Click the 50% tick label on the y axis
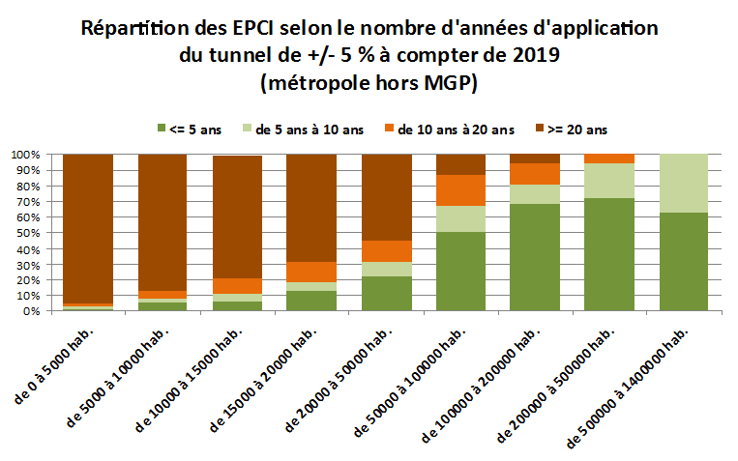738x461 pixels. [x=27, y=233]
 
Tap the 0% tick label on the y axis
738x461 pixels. [x=30, y=311]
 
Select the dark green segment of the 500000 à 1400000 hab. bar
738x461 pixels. [x=683, y=262]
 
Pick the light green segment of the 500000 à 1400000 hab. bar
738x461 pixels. [x=683, y=184]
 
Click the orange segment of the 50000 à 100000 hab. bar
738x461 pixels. [x=459, y=190]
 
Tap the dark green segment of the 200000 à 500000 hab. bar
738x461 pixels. [x=608, y=255]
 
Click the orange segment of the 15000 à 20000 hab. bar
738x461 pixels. [x=310, y=272]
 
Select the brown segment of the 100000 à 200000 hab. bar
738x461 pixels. [x=534, y=158]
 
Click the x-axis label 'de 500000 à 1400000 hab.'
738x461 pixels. [x=631, y=387]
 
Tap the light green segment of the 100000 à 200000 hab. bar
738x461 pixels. [x=534, y=193]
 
